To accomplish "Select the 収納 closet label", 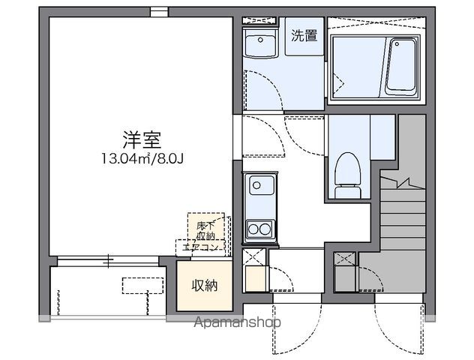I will tap(203, 286).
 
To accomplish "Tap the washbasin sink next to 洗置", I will tap(263, 43).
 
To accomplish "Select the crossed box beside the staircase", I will tap(345, 260).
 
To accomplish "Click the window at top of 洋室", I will tap(158, 10).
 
